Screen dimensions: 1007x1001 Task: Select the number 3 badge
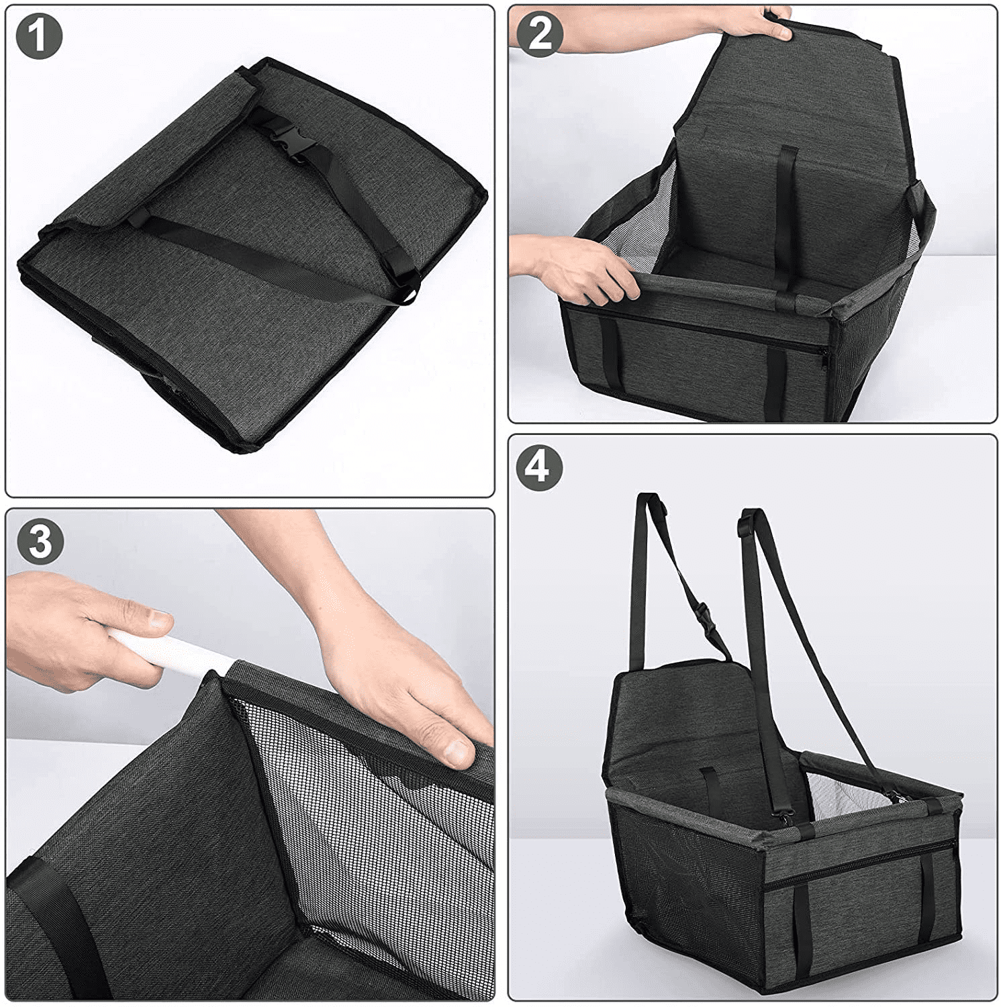pos(40,541)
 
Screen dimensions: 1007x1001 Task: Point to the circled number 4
pos(539,465)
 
